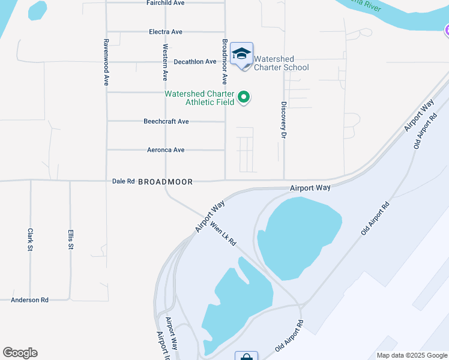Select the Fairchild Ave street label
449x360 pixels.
coord(165,3)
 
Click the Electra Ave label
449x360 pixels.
coord(165,32)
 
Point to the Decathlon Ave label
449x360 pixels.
coord(194,62)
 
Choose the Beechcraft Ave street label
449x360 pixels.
coord(166,121)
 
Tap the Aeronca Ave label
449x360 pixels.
coord(166,150)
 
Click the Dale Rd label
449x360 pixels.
coord(123,181)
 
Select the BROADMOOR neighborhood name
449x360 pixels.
coord(166,182)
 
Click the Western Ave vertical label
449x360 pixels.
coord(165,62)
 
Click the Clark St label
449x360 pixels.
coord(30,239)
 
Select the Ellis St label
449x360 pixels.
coord(71,239)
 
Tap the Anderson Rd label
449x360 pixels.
coord(29,300)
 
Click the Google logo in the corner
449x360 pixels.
coord(20,353)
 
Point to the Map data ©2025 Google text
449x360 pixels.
coord(411,355)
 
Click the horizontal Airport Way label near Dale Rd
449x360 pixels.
coord(310,188)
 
